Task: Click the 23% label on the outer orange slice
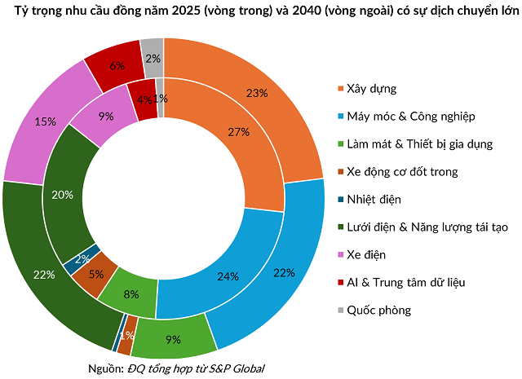[257, 93]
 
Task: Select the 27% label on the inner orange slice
[238, 132]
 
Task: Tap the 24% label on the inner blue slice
[228, 276]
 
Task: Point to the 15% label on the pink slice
[46, 121]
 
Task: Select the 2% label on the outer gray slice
[153, 58]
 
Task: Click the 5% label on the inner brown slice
[96, 274]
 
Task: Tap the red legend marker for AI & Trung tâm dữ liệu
[340, 283]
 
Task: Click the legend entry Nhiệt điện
[374, 199]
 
